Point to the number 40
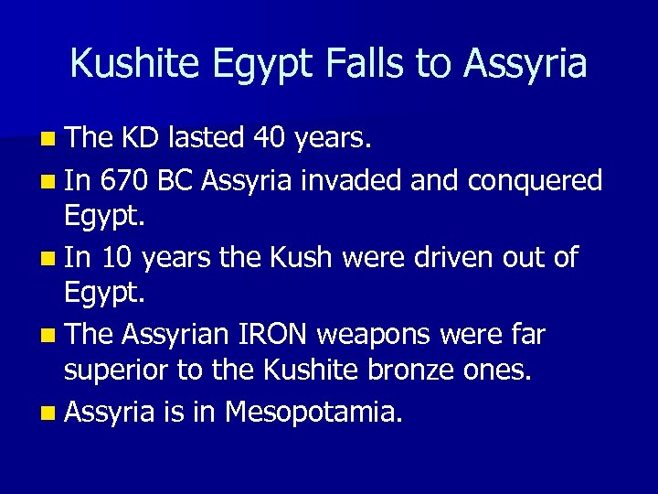(271, 138)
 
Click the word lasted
(202, 138)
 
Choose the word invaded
(352, 181)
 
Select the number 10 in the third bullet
(117, 258)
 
